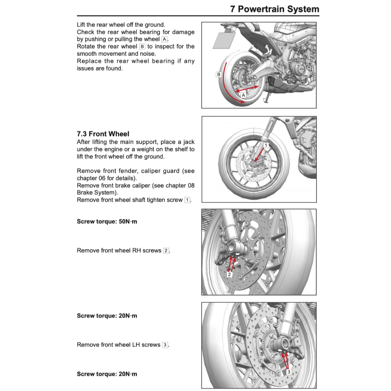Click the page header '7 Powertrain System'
coord(275,9)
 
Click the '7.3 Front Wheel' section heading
coord(103,134)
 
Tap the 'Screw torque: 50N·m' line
coord(107,221)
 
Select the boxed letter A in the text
coord(164,39)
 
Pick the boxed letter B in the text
coord(142,47)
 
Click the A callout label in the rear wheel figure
coord(243,95)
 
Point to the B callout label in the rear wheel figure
coord(219,74)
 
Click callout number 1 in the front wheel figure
coord(266,145)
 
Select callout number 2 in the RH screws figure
coord(229,274)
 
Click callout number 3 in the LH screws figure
coord(289,372)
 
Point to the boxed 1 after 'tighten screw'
coord(187,200)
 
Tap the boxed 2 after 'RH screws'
coord(166,251)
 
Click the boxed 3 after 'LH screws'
coord(165,345)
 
